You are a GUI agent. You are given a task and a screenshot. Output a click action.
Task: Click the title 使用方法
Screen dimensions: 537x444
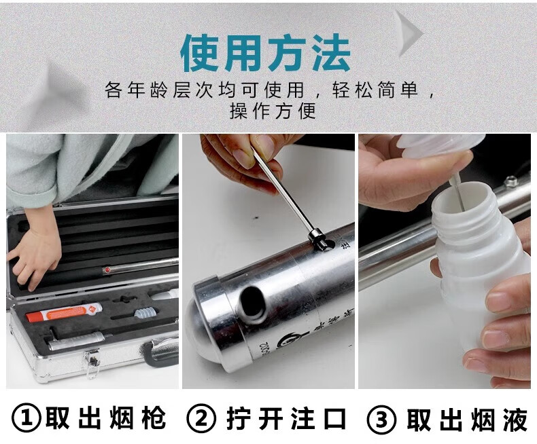265,53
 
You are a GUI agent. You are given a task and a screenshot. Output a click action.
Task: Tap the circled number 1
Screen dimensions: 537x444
27,418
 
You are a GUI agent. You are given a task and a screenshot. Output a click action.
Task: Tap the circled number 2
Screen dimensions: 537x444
202,418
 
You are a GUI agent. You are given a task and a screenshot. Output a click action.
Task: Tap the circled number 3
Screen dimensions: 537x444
381,419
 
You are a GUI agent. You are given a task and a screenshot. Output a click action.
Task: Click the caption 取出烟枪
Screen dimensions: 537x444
106,418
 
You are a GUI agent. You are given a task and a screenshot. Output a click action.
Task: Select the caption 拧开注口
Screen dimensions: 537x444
286,418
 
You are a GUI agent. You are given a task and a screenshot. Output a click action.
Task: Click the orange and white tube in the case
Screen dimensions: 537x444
64,313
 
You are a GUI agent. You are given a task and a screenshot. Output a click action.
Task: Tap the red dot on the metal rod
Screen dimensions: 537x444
107,270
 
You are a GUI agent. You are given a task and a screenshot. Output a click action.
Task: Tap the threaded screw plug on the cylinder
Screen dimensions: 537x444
319,238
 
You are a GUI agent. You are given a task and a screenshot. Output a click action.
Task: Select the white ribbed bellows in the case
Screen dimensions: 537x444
146,312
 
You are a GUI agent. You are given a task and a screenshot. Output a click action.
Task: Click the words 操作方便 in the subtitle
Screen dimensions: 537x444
273,111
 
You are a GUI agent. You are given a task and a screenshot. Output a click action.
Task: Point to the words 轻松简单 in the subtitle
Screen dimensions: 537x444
376,91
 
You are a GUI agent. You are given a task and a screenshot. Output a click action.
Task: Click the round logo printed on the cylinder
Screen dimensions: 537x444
286,341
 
